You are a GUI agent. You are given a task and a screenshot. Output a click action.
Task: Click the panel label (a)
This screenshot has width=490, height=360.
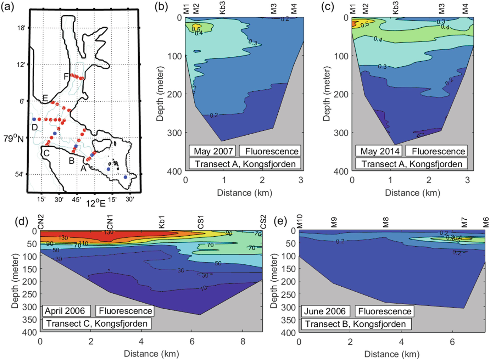[x=7, y=7]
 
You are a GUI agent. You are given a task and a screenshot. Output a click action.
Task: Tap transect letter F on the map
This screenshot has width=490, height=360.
[x=66, y=76]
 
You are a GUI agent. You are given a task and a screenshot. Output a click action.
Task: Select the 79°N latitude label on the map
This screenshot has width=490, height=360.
[x=13, y=139]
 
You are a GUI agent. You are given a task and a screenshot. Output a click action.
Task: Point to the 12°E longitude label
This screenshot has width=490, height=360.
[x=96, y=203]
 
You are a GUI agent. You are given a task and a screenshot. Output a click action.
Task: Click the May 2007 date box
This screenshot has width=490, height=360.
[x=213, y=151]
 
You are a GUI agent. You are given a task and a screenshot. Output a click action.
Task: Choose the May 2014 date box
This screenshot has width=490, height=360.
[x=380, y=151]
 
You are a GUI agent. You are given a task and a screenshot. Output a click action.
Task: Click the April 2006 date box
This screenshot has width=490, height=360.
[x=65, y=311]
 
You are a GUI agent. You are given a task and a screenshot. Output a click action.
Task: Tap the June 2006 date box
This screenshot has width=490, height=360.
[x=324, y=311]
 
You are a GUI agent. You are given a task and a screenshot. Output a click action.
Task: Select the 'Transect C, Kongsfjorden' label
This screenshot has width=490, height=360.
[x=97, y=324]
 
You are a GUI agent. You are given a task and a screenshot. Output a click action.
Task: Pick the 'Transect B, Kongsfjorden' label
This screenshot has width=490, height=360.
[x=355, y=324]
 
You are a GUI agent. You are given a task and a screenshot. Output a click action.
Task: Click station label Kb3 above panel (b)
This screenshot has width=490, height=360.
[x=222, y=8]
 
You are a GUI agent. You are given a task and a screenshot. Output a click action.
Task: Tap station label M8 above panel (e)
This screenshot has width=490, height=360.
[x=386, y=222]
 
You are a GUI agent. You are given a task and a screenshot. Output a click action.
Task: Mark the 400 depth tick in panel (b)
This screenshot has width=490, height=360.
[x=174, y=171]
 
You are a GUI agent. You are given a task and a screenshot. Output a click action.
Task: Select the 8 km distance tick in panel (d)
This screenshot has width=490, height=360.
[x=243, y=342]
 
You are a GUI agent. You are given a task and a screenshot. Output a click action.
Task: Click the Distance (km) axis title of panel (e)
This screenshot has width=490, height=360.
[x=392, y=354]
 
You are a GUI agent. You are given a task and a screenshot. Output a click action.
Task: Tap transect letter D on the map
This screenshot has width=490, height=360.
[x=34, y=127]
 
